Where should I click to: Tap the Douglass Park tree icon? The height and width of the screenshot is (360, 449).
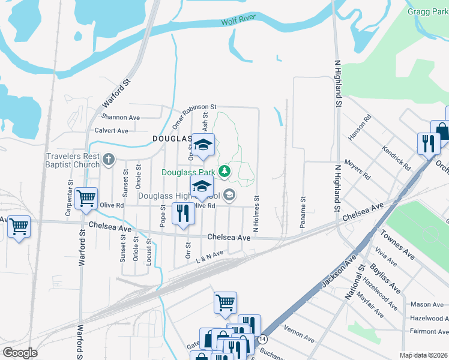point(225,172)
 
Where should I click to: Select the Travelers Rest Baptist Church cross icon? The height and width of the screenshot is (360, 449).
point(108,160)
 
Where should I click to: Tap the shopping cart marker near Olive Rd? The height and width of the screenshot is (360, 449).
point(86,197)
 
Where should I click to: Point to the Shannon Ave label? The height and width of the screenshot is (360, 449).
point(121,116)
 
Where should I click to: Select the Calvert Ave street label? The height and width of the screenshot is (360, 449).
point(111,130)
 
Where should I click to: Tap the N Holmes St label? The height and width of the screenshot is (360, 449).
point(256,214)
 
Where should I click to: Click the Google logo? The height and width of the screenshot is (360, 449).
point(20,353)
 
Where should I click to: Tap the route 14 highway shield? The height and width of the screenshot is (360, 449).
point(262,339)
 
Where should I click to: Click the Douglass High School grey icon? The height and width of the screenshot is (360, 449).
point(229,196)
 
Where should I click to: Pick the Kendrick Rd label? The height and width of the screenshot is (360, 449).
point(397,158)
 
